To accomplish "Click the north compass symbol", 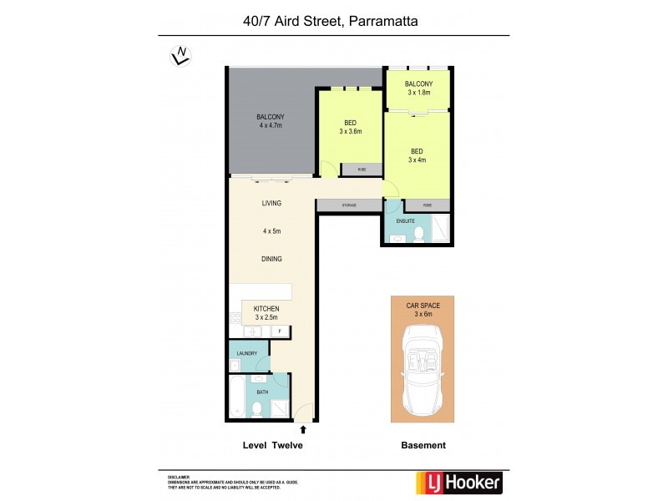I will pyautogui.click(x=180, y=55).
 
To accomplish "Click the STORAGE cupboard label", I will pyautogui.click(x=349, y=205).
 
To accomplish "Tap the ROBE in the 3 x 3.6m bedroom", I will pyautogui.click(x=362, y=169).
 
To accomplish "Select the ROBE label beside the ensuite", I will pyautogui.click(x=427, y=205).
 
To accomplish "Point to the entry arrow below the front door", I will pyautogui.click(x=304, y=430).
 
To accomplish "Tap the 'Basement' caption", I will pyautogui.click(x=423, y=446).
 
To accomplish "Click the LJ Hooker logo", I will pyautogui.click(x=458, y=482).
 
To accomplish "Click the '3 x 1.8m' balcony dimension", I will pyautogui.click(x=418, y=93).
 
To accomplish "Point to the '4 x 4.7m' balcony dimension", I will pyautogui.click(x=271, y=125).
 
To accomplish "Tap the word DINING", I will pyautogui.click(x=271, y=259).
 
